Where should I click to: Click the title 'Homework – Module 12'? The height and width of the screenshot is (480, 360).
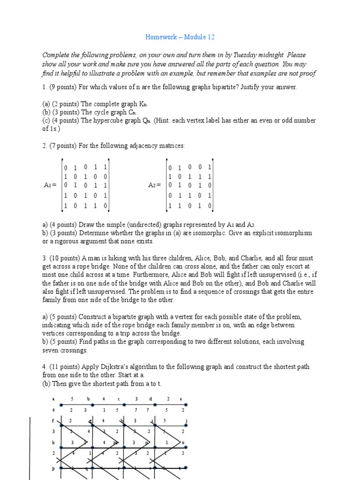click(x=180, y=37)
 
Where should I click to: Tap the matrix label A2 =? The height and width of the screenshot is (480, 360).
click(x=155, y=185)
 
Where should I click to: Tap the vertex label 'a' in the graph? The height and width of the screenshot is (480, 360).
click(x=53, y=399)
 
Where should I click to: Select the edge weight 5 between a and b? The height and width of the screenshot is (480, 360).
click(x=72, y=399)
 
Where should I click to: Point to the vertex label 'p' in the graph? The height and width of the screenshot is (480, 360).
click(x=53, y=468)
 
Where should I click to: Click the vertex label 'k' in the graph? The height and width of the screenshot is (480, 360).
click(x=53, y=442)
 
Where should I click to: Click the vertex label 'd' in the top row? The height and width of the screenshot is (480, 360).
click(x=150, y=399)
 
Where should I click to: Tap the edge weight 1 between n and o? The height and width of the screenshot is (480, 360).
click(x=167, y=442)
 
